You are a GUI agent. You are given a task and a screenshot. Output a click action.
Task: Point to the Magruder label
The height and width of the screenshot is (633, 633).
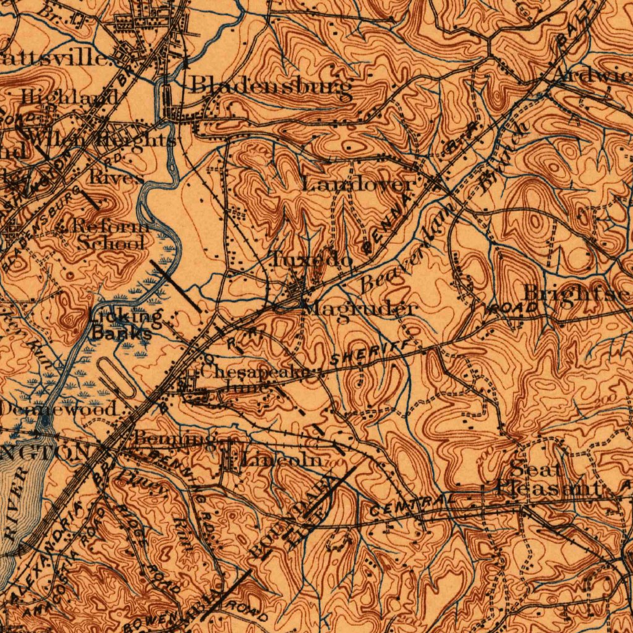361,308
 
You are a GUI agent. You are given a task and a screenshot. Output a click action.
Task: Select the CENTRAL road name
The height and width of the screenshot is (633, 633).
408,506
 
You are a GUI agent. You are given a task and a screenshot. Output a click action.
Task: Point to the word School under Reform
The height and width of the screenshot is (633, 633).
111,243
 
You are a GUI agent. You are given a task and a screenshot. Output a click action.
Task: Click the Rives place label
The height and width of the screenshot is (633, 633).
117,177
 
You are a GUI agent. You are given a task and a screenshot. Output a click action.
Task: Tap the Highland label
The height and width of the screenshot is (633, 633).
69,97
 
